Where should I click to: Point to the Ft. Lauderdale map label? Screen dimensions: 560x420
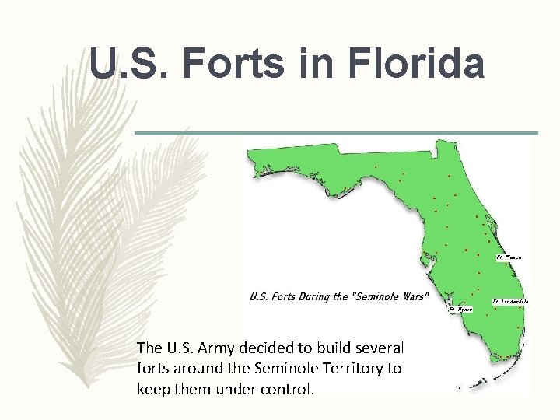point(510,301)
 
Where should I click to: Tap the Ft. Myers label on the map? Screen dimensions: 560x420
point(460,309)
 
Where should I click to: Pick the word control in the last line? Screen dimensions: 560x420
point(289,389)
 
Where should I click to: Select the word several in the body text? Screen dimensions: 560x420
point(380,347)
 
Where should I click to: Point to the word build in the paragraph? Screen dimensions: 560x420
point(337,347)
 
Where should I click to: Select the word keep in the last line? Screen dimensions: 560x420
point(153,389)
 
